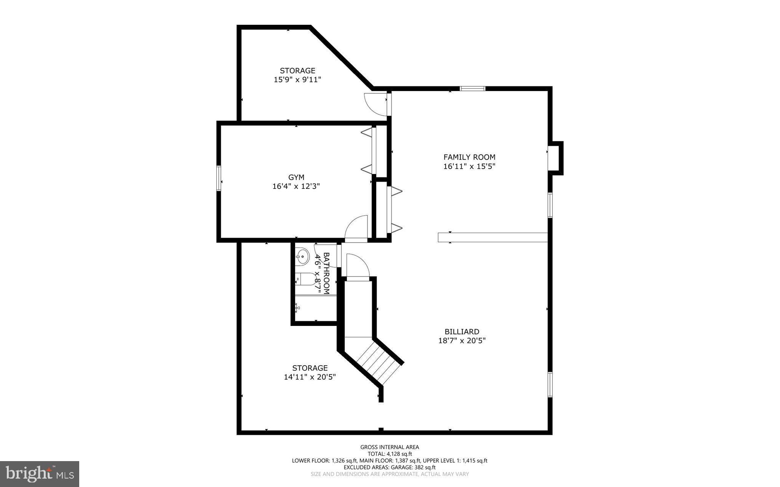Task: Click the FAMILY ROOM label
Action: click(x=469, y=157)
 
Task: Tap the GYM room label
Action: click(x=296, y=177)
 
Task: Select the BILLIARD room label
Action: click(x=462, y=332)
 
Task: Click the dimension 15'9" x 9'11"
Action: click(x=297, y=80)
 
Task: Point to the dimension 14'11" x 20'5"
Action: click(x=310, y=377)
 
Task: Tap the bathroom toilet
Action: click(x=305, y=279)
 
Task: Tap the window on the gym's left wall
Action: click(x=219, y=178)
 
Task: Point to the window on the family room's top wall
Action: click(x=472, y=89)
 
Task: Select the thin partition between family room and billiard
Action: click(x=492, y=237)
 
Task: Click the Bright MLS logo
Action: click(x=40, y=474)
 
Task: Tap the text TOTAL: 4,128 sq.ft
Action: click(x=390, y=454)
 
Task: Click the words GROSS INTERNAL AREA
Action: click(x=390, y=447)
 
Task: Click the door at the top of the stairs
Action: click(x=358, y=267)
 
